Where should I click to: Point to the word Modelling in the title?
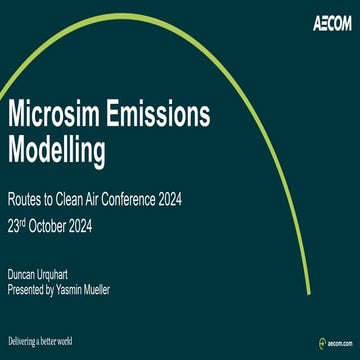pyautogui.click(x=56, y=151)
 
